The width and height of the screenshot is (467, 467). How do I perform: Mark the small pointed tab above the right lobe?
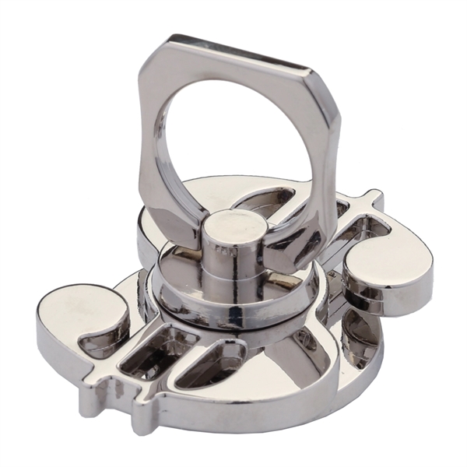pyautogui.click(x=372, y=199)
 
